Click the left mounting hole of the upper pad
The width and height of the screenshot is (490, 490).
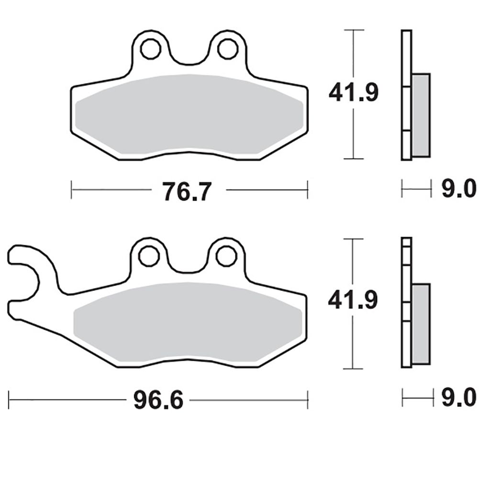[151, 49]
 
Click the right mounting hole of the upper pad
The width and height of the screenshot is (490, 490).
[228, 49]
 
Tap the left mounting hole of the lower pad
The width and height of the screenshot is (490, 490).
[149, 256]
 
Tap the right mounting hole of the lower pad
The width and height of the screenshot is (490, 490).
[226, 256]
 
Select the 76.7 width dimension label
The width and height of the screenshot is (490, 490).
[187, 191]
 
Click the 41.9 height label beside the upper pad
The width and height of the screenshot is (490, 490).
[354, 92]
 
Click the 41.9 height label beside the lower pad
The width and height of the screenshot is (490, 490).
[353, 300]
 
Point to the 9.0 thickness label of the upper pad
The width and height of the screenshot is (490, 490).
[459, 189]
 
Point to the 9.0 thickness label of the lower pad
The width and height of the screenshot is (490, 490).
[459, 397]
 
